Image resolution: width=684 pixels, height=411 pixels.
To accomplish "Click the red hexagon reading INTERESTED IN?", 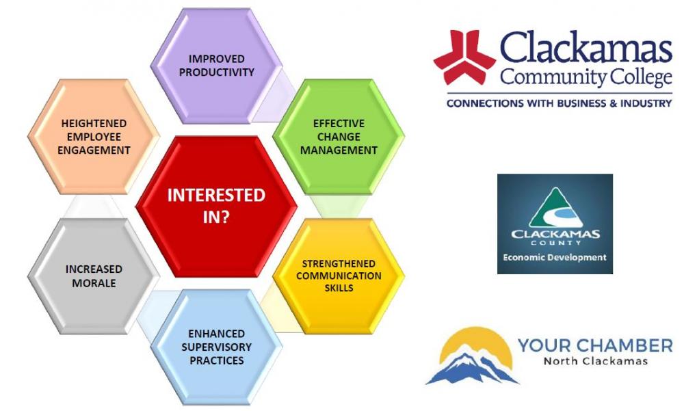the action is pos(216,207).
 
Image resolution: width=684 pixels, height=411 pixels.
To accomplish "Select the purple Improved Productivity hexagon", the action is pos(216,66).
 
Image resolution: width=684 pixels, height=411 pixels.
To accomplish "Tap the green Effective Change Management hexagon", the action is pos(339,137).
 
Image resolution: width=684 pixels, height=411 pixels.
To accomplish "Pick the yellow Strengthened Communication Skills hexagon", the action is pos(339,276).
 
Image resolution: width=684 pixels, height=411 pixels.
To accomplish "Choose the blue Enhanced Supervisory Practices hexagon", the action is pos(216,347).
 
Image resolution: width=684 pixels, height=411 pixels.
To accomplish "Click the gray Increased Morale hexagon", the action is pos(94,276).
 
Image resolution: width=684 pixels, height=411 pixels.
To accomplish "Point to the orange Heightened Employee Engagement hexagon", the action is pos(94,137).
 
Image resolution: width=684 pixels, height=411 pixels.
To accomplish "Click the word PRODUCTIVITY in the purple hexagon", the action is pos(216,72).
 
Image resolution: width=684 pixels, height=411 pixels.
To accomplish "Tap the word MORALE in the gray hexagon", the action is pos(94,283).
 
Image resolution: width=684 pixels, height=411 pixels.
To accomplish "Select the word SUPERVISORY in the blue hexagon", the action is pos(216,347).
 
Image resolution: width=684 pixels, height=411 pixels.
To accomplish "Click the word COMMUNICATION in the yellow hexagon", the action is pos(339,276).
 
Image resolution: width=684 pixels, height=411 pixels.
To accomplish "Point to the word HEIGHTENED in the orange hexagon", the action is pos(94,124).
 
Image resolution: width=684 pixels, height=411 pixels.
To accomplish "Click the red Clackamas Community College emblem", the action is pos(464,57).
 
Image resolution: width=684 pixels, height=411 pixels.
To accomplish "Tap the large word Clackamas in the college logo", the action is pos(586,48).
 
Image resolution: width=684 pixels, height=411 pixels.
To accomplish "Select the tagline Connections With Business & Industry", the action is pos(559,103).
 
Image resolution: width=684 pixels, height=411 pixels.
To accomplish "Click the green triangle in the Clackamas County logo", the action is pos(555,208).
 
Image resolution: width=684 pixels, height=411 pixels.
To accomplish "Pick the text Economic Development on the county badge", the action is pos(555,257).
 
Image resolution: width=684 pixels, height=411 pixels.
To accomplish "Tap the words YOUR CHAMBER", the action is pos(595,346).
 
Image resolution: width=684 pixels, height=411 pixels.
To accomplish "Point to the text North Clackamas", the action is pos(595,361).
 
